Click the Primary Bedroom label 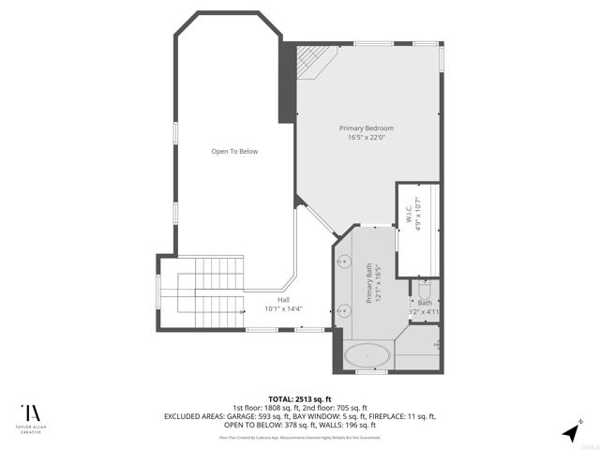coord(366,127)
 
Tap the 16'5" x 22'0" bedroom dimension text coord(366,137)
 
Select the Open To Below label coord(234,151)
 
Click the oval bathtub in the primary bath coord(367,355)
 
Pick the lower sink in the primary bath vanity coord(343,313)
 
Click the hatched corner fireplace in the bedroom coord(312,60)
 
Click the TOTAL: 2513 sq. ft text coord(299,397)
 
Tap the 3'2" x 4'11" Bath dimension coord(424,311)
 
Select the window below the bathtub coord(372,372)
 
